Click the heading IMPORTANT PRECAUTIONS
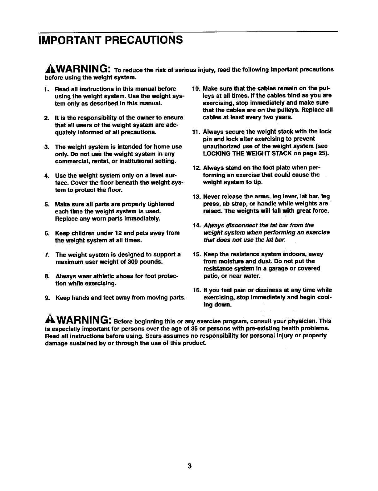pyautogui.click(x=110, y=40)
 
